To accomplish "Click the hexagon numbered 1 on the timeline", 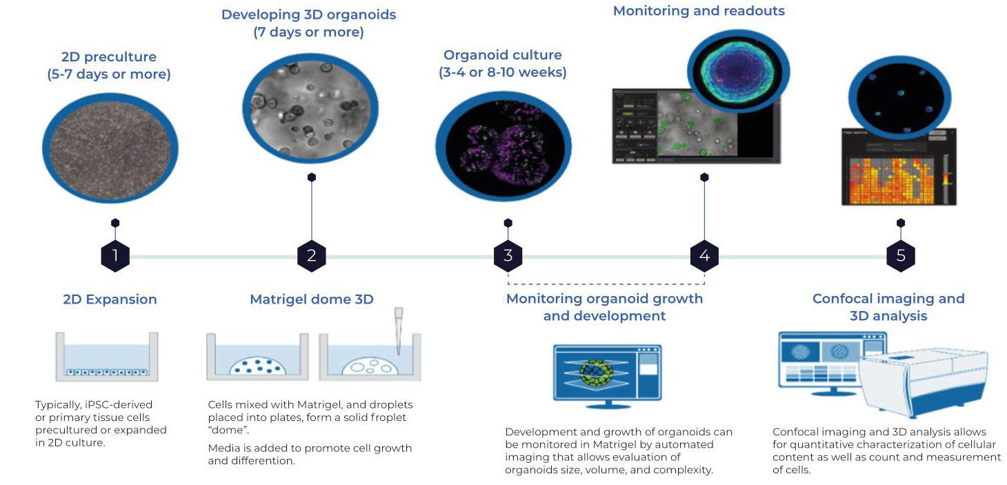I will (x=115, y=257).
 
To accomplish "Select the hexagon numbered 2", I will (x=312, y=257).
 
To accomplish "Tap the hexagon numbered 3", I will (x=508, y=257).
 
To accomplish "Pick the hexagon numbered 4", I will (x=704, y=257).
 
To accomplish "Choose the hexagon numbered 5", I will (x=901, y=257).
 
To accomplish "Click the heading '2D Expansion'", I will (x=110, y=299).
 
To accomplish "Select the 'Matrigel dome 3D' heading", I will (x=311, y=299).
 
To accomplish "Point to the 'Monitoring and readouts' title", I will (x=699, y=11).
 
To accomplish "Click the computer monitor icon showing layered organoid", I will (x=607, y=373).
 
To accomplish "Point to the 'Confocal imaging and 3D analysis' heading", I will (x=888, y=307).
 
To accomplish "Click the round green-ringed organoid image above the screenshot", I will (x=737, y=66).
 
